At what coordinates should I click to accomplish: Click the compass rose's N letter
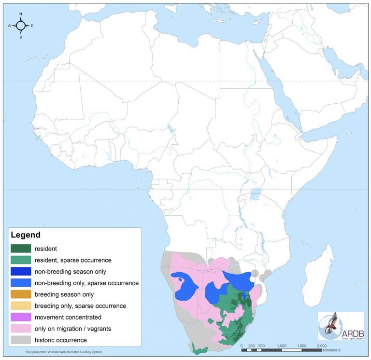coord(21,14)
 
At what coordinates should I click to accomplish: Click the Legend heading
coord(26,235)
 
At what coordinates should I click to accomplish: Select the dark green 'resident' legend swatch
coord(20,249)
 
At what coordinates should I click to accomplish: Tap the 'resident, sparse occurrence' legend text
coord(72,260)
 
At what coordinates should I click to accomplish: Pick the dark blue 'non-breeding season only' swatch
coord(20,271)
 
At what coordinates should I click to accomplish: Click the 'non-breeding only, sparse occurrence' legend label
coord(86,283)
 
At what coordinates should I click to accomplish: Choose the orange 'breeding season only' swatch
coord(20,294)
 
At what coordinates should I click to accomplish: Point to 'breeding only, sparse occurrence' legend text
coord(80,306)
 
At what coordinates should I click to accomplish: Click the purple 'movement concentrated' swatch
coord(20,318)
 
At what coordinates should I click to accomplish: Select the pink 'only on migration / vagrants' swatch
coord(20,329)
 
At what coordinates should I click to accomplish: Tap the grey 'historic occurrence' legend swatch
coord(20,340)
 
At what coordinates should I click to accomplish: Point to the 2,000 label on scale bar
coord(322,346)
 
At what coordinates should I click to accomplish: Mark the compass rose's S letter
coord(21,37)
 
